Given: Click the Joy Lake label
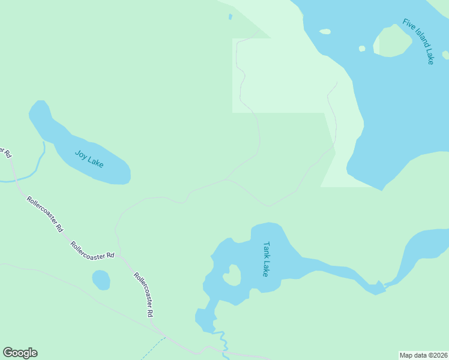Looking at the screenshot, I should [89, 158].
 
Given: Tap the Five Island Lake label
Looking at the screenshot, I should [418, 41].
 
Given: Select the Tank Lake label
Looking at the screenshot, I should [267, 259].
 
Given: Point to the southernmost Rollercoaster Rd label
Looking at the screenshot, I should [144, 295].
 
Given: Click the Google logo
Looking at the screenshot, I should [20, 353].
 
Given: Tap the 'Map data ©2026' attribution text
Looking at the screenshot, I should [423, 355].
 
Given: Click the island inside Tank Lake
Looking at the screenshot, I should [232, 275].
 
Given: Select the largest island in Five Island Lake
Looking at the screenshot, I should [393, 41].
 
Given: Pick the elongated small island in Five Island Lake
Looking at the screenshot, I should [325, 32].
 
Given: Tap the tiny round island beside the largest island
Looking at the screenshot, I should [362, 49].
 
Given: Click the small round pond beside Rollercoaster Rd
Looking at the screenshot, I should [101, 280].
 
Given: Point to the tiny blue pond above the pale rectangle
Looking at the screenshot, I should [231, 17].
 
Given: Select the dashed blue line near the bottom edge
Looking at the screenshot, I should [154, 347].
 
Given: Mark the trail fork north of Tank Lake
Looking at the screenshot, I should [226, 179].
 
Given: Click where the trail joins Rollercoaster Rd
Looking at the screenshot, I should [119, 255].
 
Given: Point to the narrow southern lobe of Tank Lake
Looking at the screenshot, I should [206, 318].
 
